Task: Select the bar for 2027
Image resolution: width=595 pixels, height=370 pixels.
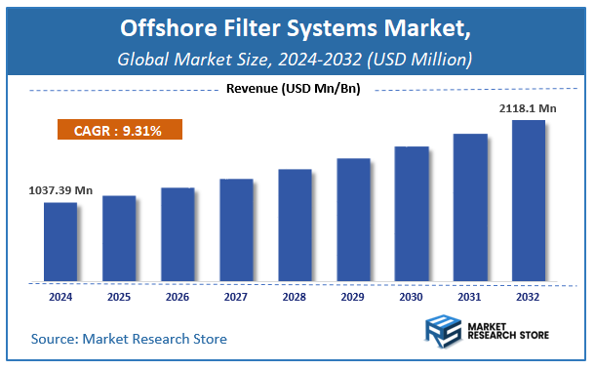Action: tap(236, 230)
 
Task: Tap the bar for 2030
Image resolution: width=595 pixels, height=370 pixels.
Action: tap(412, 214)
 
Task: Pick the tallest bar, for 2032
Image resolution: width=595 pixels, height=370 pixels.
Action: tap(529, 201)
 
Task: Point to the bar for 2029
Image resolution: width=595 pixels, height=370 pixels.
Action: tap(353, 220)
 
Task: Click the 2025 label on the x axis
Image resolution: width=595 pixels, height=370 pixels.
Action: tap(119, 295)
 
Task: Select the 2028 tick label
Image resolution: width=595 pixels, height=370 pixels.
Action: tap(295, 295)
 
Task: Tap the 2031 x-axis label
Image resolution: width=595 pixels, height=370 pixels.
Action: tap(470, 295)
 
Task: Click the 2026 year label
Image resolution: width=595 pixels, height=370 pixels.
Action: tap(178, 295)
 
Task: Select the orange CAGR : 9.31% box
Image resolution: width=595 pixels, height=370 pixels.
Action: tap(117, 130)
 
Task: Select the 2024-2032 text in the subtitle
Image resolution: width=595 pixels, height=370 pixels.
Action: tap(321, 59)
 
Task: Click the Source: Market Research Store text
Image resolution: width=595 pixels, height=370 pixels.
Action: tap(129, 339)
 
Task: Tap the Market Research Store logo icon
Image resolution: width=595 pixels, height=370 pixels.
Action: tap(443, 332)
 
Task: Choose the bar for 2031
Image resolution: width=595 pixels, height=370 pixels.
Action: tap(470, 208)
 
